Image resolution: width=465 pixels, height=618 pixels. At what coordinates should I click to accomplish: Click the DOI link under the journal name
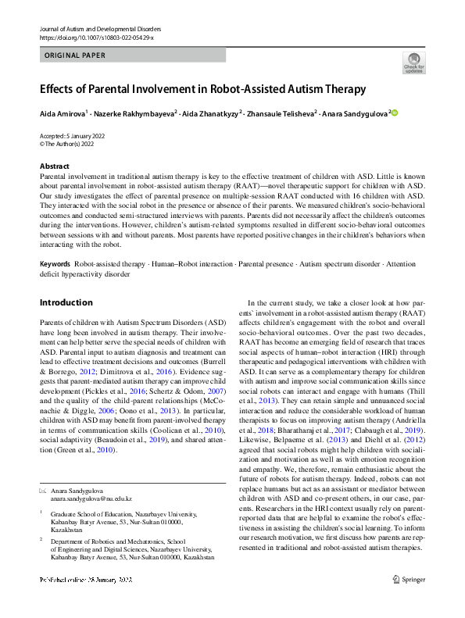click(x=96, y=37)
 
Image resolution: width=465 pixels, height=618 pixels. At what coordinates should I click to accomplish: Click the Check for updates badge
click(x=413, y=63)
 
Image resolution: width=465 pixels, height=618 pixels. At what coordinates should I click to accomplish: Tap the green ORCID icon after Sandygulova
click(x=395, y=113)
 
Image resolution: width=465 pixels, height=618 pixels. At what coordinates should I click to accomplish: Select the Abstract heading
click(x=54, y=166)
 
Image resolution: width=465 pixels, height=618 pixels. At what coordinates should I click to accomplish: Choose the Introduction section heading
click(x=66, y=302)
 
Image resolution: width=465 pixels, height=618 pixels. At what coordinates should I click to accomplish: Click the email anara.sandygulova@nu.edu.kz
click(x=91, y=498)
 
